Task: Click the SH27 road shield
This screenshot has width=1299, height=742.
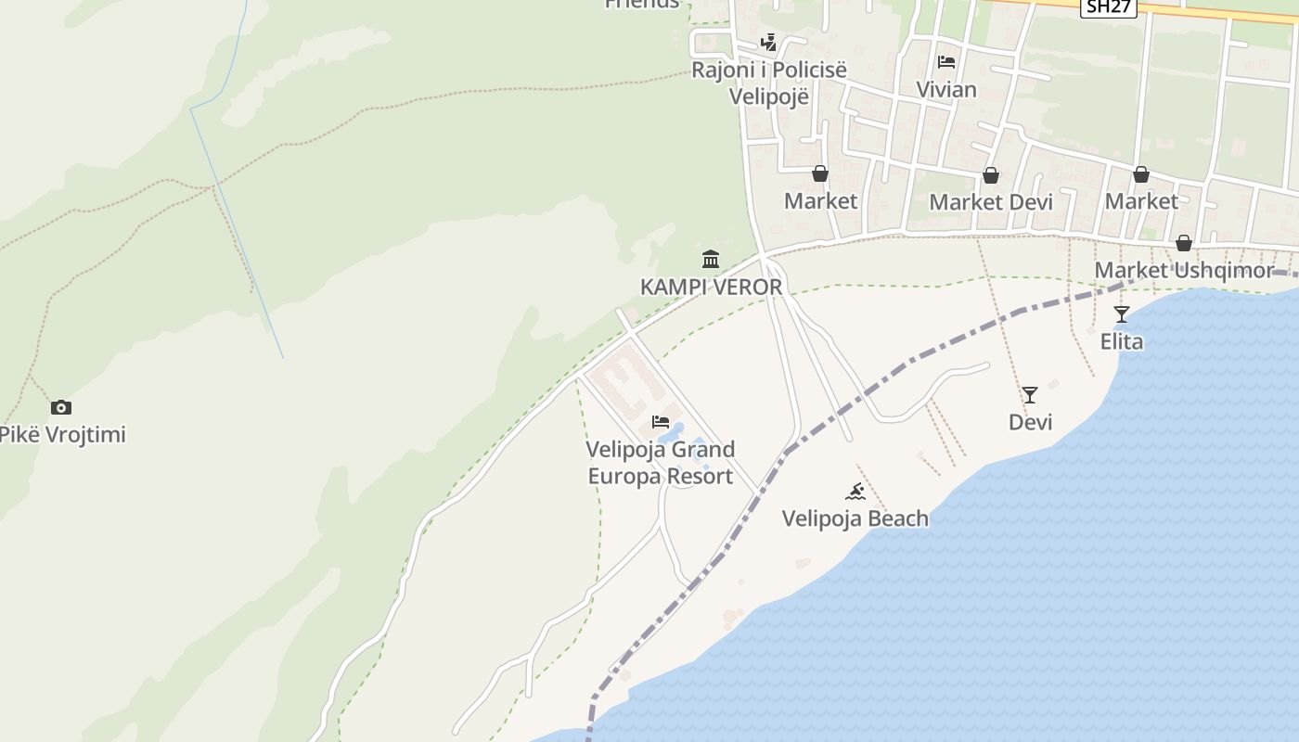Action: coord(1109,6)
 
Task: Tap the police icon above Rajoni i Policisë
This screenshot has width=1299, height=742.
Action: coord(768,42)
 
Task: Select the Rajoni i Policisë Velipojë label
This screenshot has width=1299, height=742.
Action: coord(769,83)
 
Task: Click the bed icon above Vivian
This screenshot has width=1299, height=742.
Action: coord(946,62)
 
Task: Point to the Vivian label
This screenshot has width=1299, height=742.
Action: coord(946,90)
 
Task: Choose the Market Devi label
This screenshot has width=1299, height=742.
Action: coord(991,201)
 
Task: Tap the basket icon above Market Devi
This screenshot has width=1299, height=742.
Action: coord(991,175)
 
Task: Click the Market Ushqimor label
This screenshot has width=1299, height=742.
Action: coord(1185,270)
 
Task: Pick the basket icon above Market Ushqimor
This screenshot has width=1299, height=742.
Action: coord(1184,243)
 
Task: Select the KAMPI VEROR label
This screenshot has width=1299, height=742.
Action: coord(712,287)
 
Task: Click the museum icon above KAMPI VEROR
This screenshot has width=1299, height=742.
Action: coord(711,259)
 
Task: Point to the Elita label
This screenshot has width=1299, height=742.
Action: coord(1122,341)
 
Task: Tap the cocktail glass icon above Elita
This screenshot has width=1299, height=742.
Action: coord(1122,314)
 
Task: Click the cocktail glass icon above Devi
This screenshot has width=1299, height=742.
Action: coord(1030,395)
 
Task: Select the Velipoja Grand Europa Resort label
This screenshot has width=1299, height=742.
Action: coord(661,463)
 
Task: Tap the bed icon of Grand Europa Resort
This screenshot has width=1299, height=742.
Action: coord(661,422)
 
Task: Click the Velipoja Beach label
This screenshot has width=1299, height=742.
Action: coord(855,518)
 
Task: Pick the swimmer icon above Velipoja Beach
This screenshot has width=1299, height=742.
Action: coord(855,491)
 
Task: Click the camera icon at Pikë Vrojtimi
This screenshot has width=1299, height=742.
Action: coord(61,407)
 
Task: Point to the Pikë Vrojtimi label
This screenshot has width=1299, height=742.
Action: coord(61,434)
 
